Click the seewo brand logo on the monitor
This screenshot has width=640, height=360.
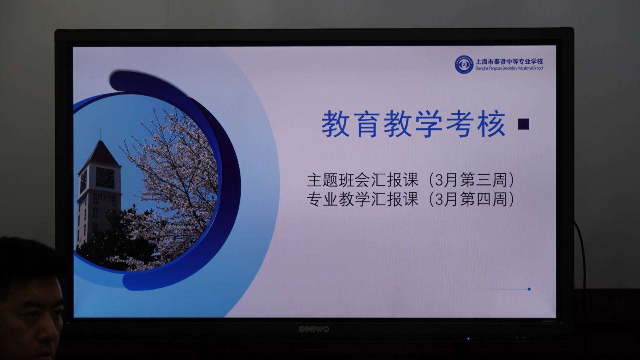[314, 329]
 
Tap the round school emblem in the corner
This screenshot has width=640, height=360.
[464, 64]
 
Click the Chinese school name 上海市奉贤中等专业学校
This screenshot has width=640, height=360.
[509, 62]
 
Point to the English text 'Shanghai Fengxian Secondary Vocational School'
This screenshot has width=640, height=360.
[509, 68]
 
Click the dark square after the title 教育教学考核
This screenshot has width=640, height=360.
[524, 124]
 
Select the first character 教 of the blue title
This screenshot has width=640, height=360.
[336, 124]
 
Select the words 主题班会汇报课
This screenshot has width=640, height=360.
[362, 180]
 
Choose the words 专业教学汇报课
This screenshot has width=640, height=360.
[362, 199]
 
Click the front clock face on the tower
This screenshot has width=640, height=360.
[105, 178]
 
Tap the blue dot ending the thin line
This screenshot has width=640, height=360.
[529, 289]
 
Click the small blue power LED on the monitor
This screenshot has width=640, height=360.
[468, 338]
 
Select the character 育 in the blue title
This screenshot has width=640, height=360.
[366, 124]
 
